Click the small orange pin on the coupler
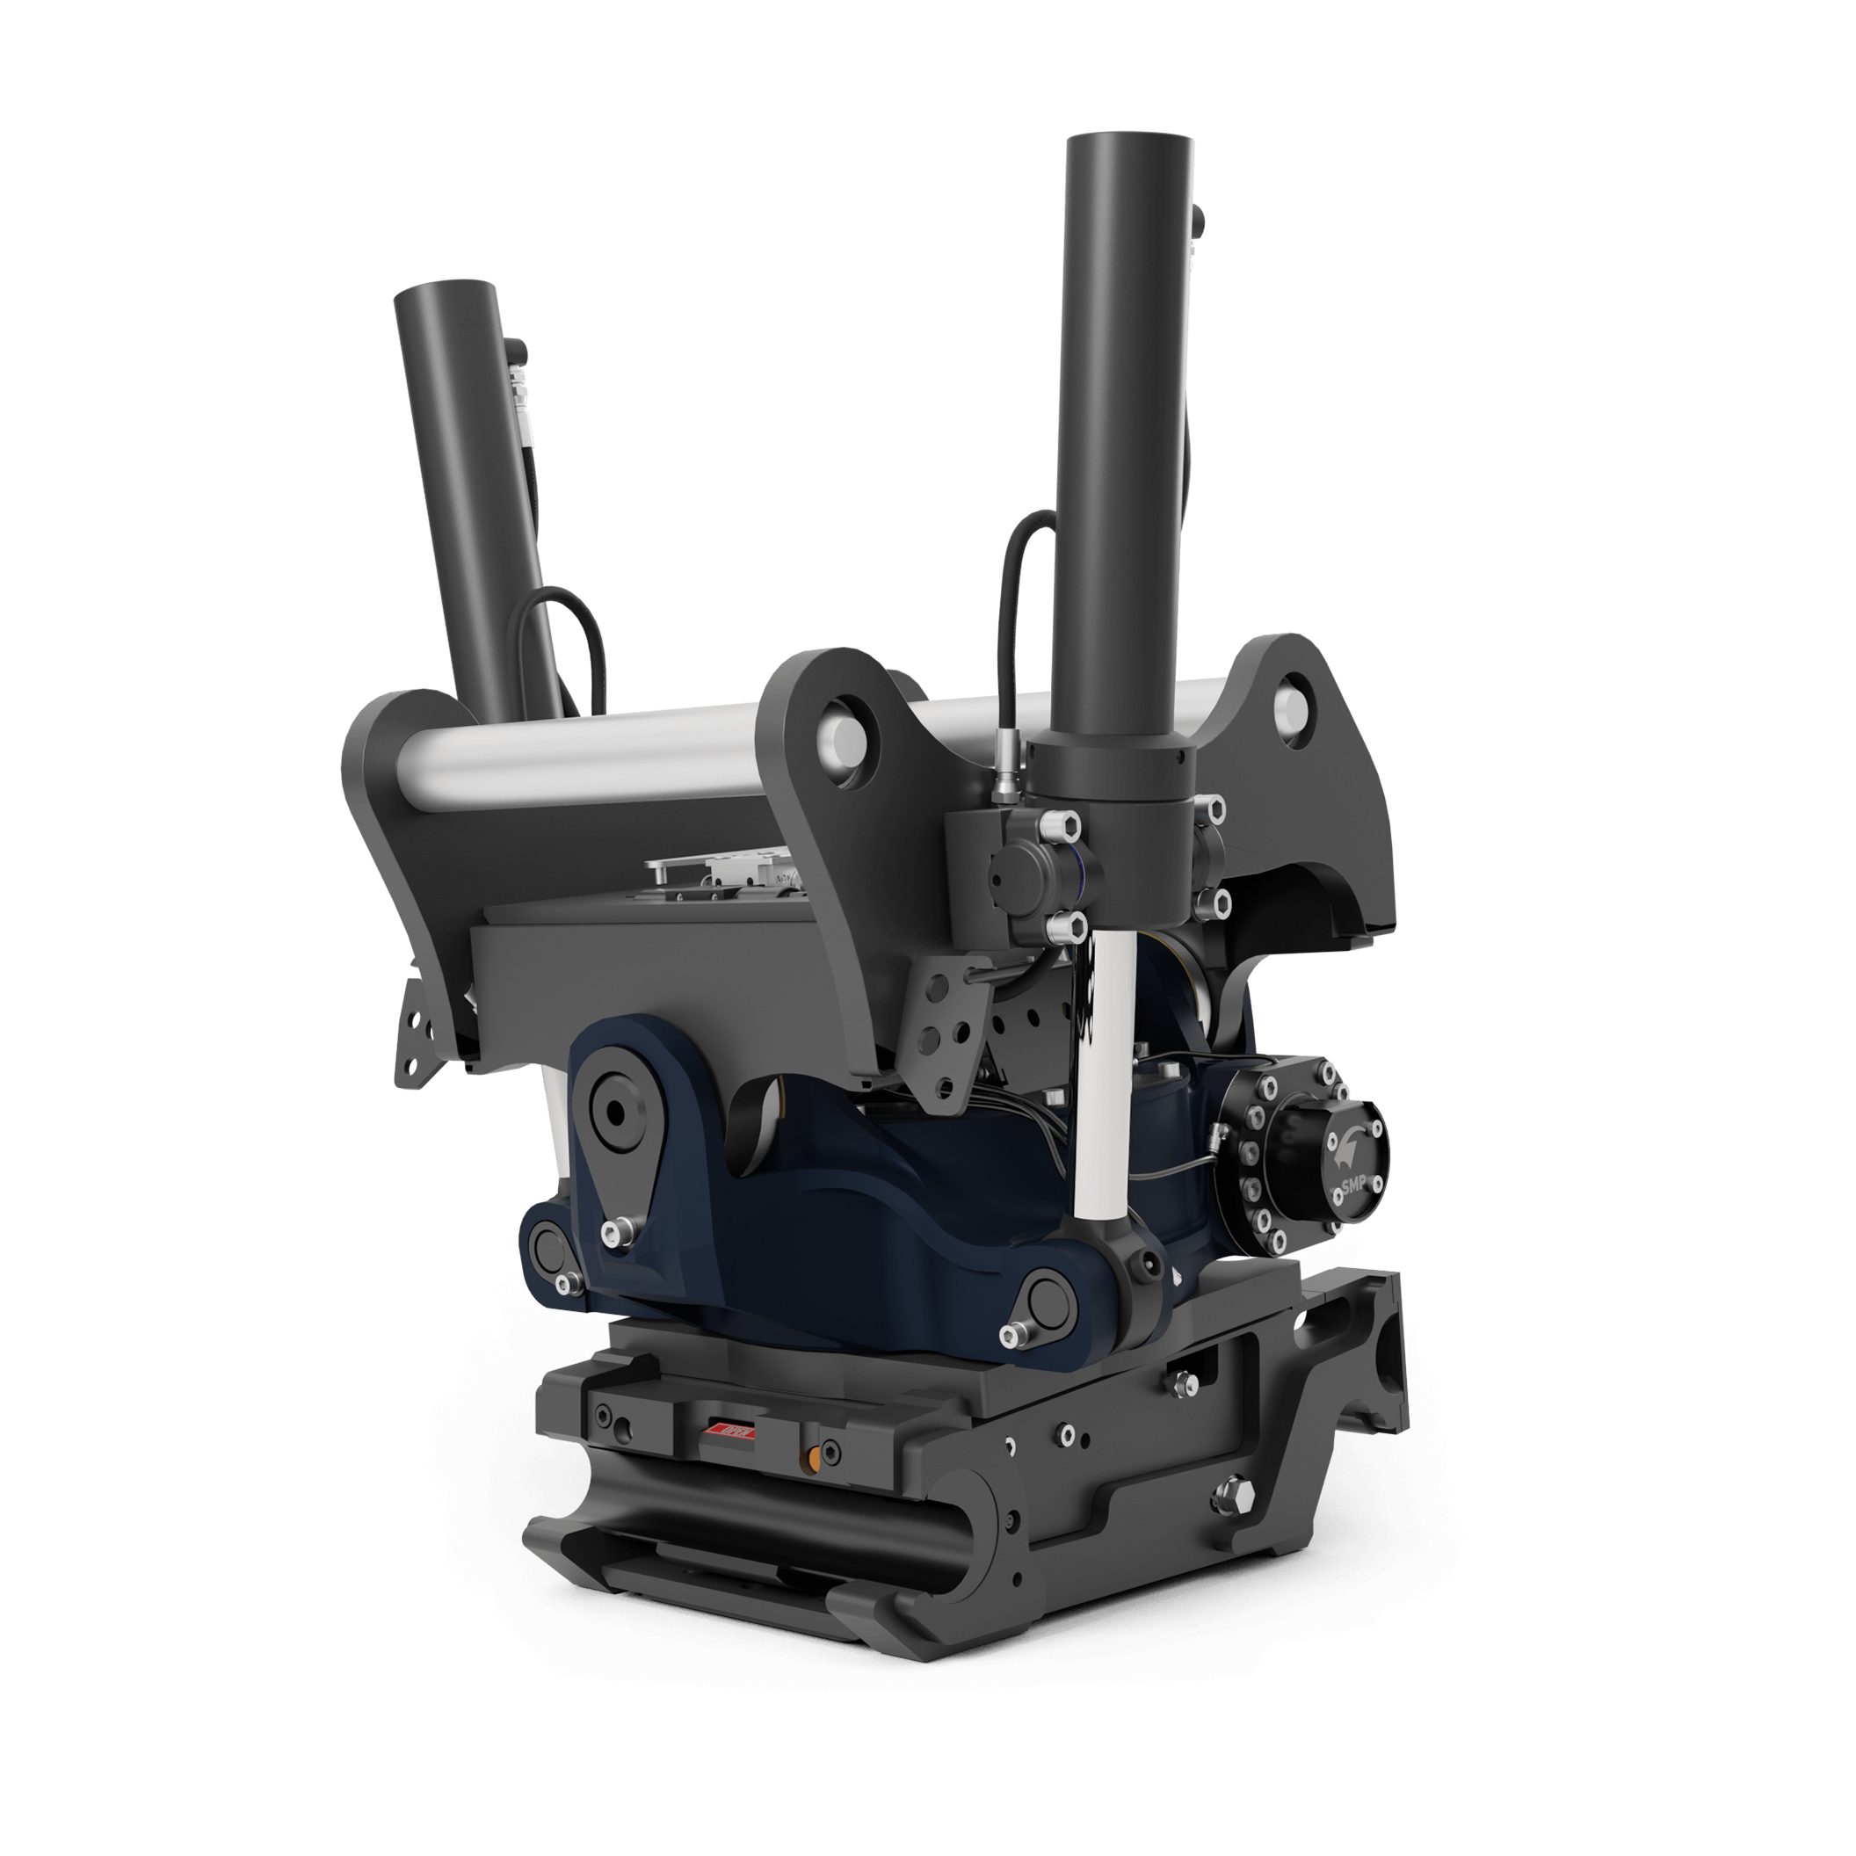click(813, 1458)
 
